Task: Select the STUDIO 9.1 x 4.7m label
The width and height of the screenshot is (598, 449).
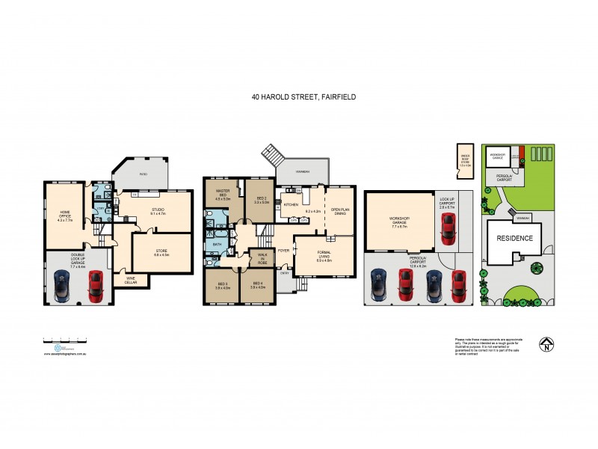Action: pyautogui.click(x=158, y=211)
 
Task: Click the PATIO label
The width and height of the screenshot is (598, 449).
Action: pyautogui.click(x=142, y=174)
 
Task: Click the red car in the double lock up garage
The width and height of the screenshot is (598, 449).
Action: pyautogui.click(x=96, y=285)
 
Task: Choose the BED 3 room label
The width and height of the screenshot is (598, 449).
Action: pyautogui.click(x=222, y=284)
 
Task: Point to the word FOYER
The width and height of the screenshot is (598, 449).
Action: pyautogui.click(x=284, y=250)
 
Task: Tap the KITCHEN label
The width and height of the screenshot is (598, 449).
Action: pyautogui.click(x=292, y=204)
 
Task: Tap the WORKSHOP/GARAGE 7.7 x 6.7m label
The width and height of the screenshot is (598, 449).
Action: pyautogui.click(x=399, y=221)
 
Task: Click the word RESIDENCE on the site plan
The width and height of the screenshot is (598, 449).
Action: pyautogui.click(x=515, y=238)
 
